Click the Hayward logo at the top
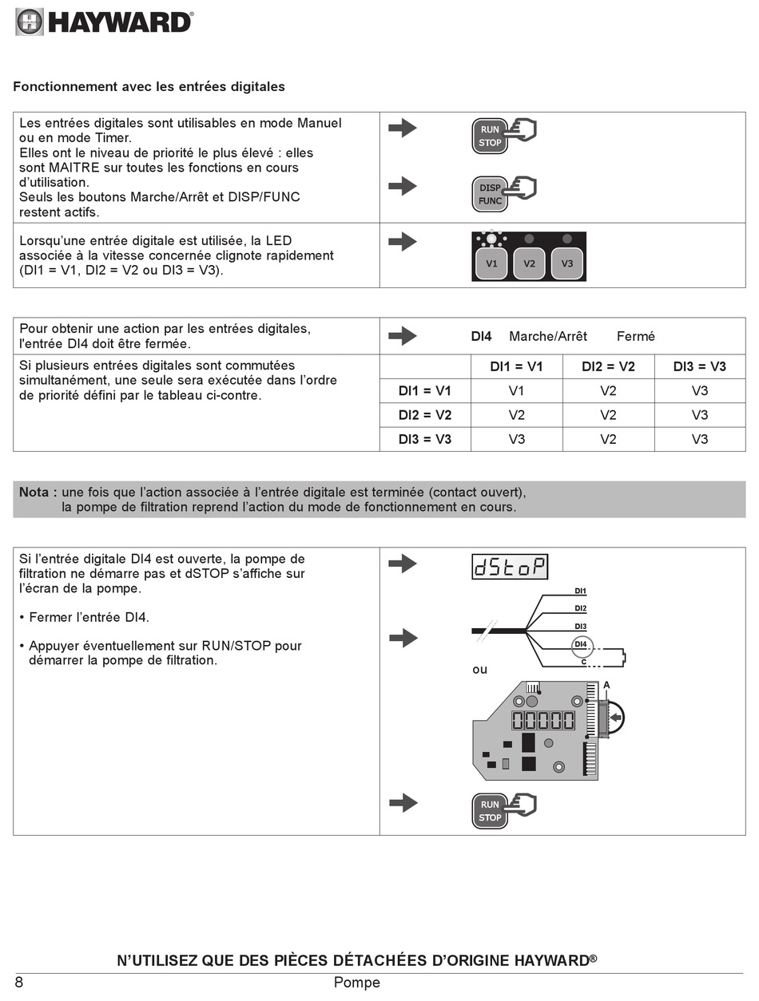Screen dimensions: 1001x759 click(105, 22)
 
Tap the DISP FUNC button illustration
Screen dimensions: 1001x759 click(490, 194)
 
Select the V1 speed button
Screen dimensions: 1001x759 click(491, 263)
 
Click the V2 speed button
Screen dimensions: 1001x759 click(529, 263)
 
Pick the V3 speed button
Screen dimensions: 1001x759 click(567, 263)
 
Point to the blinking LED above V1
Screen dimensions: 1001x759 click(491, 239)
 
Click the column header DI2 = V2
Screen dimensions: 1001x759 click(608, 366)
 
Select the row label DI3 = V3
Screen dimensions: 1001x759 click(425, 439)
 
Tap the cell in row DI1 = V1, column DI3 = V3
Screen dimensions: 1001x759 click(699, 390)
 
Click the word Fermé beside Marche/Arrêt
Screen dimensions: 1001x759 click(636, 336)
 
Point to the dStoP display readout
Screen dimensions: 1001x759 click(510, 566)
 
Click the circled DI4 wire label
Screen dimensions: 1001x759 click(581, 644)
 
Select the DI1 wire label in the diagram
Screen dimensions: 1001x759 click(581, 591)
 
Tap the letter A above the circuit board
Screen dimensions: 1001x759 click(606, 685)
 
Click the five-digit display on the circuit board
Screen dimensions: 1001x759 click(543, 720)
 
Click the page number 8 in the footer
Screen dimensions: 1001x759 click(19, 983)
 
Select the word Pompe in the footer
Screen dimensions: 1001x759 click(356, 983)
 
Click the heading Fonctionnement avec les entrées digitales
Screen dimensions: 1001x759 click(149, 86)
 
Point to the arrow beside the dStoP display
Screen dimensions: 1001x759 click(403, 564)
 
